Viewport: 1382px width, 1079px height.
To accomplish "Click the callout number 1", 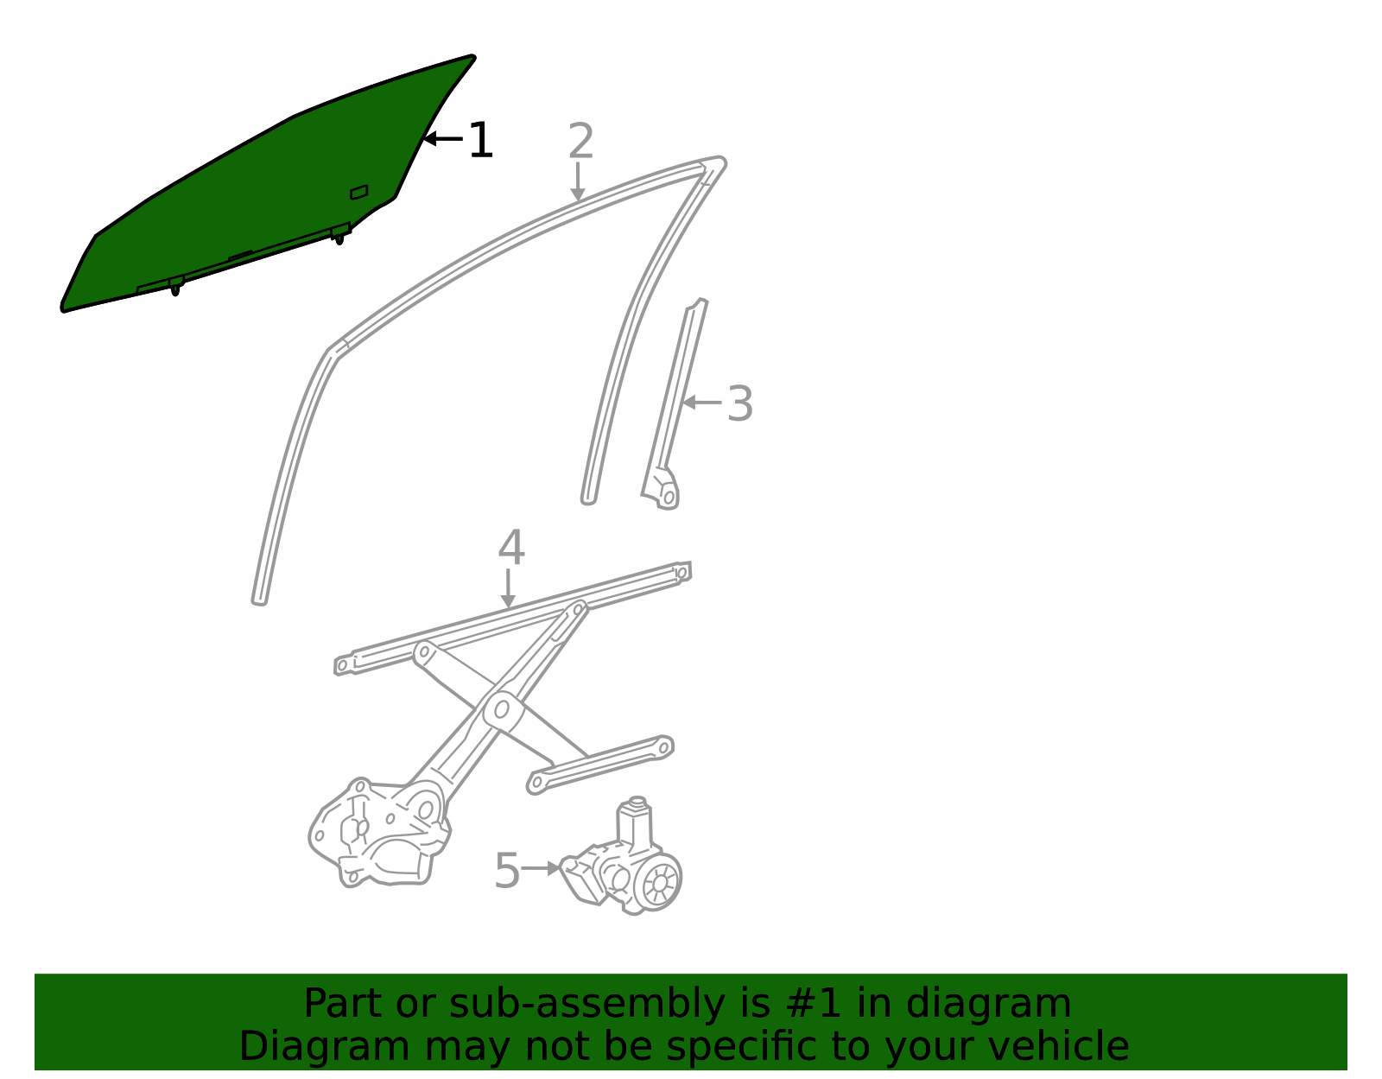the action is [x=481, y=140].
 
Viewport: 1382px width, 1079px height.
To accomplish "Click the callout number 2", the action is [x=580, y=141].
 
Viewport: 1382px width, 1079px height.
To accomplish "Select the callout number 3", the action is [x=739, y=403].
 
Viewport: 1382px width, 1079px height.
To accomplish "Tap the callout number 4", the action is [x=511, y=547].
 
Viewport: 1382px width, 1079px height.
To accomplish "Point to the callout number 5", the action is [x=507, y=871].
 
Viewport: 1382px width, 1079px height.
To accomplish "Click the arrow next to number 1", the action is [x=443, y=138].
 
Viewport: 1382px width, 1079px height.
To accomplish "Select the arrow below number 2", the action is [x=578, y=181].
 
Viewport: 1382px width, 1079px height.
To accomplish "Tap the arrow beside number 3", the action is [x=701, y=403].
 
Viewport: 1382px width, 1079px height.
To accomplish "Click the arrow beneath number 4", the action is [x=508, y=589].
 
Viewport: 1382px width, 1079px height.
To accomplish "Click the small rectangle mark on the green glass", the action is [x=359, y=192].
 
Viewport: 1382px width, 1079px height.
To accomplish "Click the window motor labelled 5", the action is [x=621, y=856].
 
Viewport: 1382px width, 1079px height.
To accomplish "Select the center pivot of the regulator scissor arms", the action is [x=502, y=709].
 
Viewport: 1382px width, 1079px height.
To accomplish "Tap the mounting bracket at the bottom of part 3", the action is [x=662, y=488].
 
